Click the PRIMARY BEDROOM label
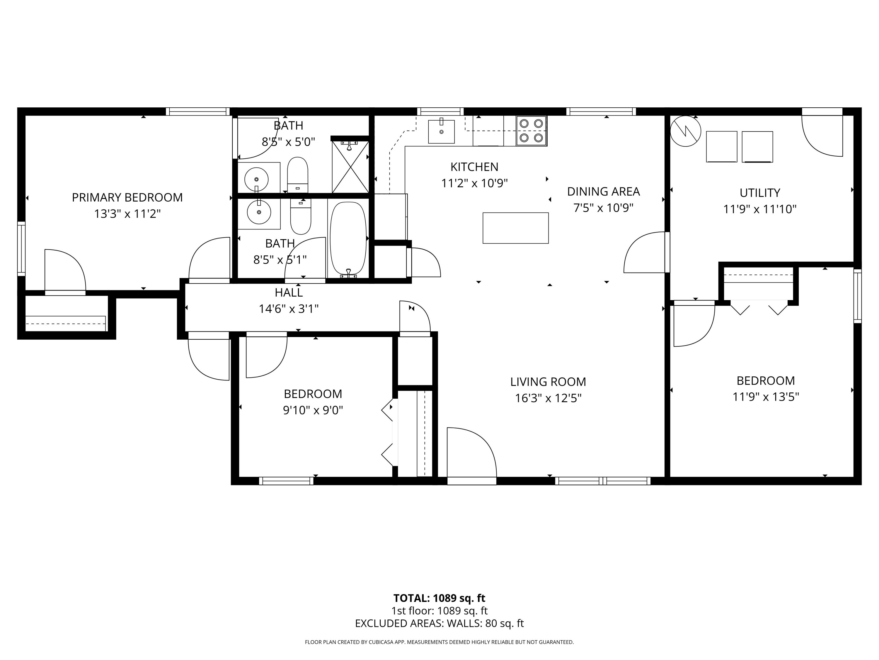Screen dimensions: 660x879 pos(127,197)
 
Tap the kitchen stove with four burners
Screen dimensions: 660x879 pos(531,131)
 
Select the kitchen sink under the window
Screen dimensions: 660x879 pos(441,131)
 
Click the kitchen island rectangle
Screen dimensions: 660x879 pos(515,228)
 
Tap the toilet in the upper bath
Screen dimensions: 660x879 pos(298,174)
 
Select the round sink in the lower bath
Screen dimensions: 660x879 pos(259,212)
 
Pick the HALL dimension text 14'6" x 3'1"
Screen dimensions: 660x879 pos(289,309)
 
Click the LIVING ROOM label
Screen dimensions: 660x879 pos(548,382)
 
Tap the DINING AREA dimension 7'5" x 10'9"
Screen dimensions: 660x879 pos(603,208)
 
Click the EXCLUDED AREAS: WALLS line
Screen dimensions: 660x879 pos(439,623)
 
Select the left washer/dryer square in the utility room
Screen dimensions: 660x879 pos(721,146)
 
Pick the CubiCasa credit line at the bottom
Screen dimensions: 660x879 pos(439,642)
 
